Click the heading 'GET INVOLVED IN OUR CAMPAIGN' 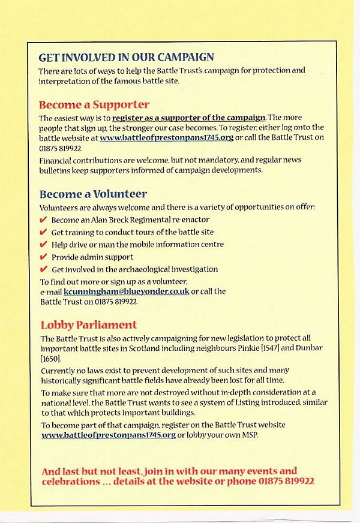126,58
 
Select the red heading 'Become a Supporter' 94,104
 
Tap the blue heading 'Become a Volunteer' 93,194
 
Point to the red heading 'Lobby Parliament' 89,325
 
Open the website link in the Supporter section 167,138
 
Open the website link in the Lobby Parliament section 109,435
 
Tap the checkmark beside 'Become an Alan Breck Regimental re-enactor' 43,220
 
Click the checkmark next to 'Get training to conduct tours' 43,232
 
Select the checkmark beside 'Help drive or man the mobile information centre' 43,245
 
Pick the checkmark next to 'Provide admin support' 43,257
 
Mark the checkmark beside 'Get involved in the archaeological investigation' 43,269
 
